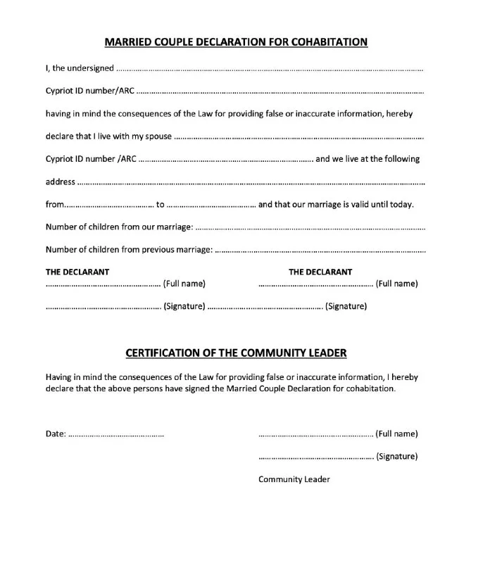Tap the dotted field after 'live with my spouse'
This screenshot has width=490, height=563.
(x=299, y=137)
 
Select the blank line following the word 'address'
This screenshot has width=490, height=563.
(x=251, y=183)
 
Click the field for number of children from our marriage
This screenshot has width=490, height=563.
(x=310, y=228)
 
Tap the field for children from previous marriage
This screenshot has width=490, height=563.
(x=320, y=251)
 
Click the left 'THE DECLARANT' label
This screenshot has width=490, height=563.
(x=77, y=272)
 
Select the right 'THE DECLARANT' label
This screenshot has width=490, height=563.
(x=320, y=272)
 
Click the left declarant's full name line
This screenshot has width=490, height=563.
(x=103, y=286)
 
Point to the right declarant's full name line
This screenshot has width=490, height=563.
(x=316, y=286)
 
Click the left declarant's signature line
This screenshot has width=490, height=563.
(x=103, y=308)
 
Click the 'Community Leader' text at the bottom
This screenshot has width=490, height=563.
(x=294, y=480)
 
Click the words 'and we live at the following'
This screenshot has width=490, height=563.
(x=367, y=159)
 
